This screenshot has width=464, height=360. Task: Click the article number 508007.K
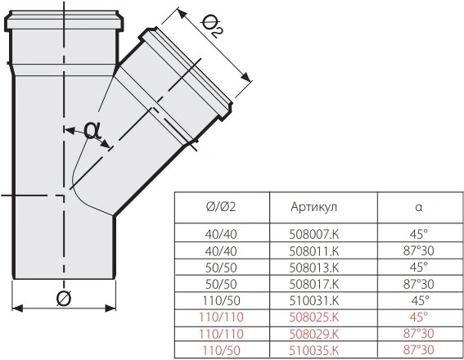coord(313,234)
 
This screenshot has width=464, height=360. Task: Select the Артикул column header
coord(313,206)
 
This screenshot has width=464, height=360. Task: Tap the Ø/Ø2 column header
coord(221,207)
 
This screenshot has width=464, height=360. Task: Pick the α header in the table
coord(418,207)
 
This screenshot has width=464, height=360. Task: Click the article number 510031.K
coord(313,300)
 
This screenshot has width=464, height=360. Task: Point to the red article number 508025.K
coord(313,317)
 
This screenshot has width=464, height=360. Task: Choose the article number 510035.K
coord(313,350)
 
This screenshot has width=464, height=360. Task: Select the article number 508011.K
coord(313,251)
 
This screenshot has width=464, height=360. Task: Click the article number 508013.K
coord(313,268)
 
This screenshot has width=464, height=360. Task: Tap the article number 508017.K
coord(313,284)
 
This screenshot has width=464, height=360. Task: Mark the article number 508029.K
coord(313,334)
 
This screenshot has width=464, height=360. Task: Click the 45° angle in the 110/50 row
coord(420,300)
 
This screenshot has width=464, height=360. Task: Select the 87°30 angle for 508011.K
coord(418,251)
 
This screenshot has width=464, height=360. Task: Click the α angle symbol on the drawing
coord(92,130)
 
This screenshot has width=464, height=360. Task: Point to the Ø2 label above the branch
coord(213,27)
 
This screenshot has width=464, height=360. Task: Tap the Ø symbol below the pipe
coord(64,298)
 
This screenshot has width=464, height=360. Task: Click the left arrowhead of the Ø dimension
coord(17,308)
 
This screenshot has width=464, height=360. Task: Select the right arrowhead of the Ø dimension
coord(110,308)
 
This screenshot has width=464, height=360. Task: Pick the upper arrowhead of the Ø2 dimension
coord(182,13)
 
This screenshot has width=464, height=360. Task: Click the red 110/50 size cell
coord(221,350)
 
